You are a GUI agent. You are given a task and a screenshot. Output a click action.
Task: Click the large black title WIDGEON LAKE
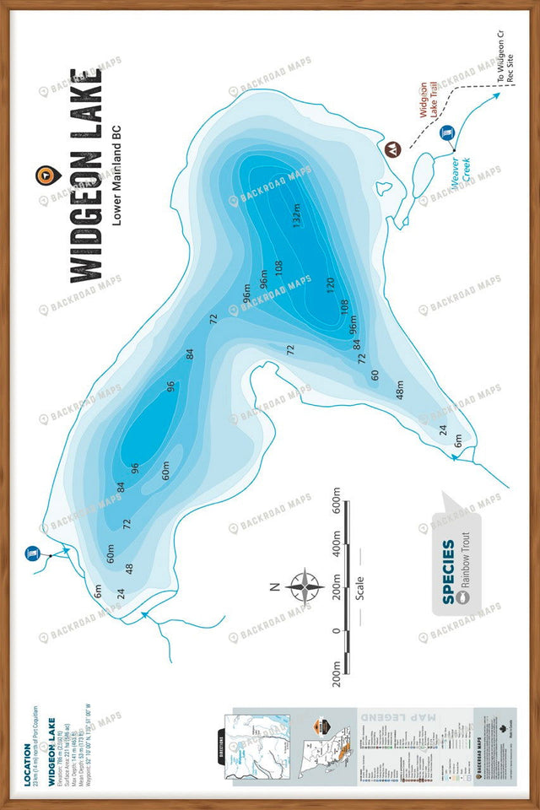pyautogui.click(x=85, y=175)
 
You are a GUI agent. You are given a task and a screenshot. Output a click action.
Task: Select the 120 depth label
pyautogui.click(x=330, y=288)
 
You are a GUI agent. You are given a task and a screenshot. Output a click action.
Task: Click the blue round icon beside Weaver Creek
pyautogui.click(x=447, y=133)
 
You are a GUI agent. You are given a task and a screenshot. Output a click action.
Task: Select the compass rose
pyautogui.click(x=304, y=584)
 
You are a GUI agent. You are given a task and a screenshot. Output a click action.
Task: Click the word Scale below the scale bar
pyautogui.click(x=359, y=586)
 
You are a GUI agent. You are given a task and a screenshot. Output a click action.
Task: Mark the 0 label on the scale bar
pyautogui.click(x=336, y=630)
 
